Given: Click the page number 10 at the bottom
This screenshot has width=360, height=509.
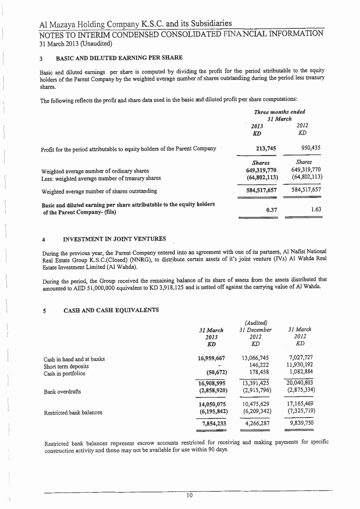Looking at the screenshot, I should pyautogui.click(x=189, y=495).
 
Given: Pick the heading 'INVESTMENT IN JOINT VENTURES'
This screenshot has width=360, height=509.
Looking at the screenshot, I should pyautogui.click(x=115, y=239).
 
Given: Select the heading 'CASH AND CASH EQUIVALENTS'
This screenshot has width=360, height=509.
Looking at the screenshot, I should pyautogui.click(x=111, y=310).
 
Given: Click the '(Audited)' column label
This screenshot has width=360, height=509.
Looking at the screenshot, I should pyautogui.click(x=255, y=322).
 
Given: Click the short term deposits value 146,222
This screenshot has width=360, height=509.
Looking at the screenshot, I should pyautogui.click(x=259, y=365).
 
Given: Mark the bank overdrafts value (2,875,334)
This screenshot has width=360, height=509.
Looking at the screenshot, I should pyautogui.click(x=300, y=390).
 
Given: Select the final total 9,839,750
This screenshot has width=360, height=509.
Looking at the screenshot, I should pyautogui.click(x=299, y=422).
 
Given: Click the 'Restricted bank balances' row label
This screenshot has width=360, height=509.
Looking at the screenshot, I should pyautogui.click(x=73, y=412).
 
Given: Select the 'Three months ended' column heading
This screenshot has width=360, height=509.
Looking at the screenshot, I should pyautogui.click(x=280, y=112).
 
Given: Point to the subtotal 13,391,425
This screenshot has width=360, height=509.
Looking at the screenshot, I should pyautogui.click(x=256, y=383).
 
